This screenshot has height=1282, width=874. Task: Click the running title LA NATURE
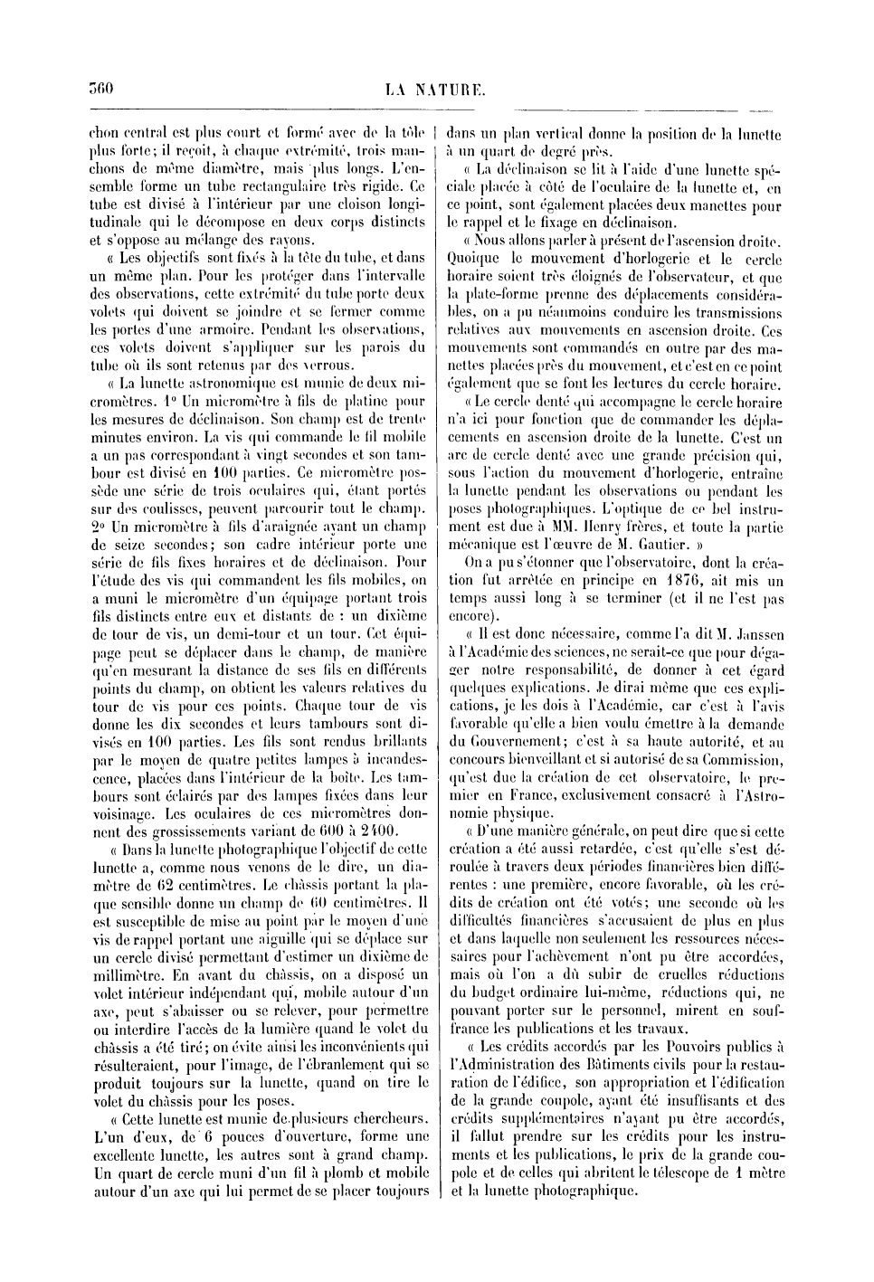[436, 90]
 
